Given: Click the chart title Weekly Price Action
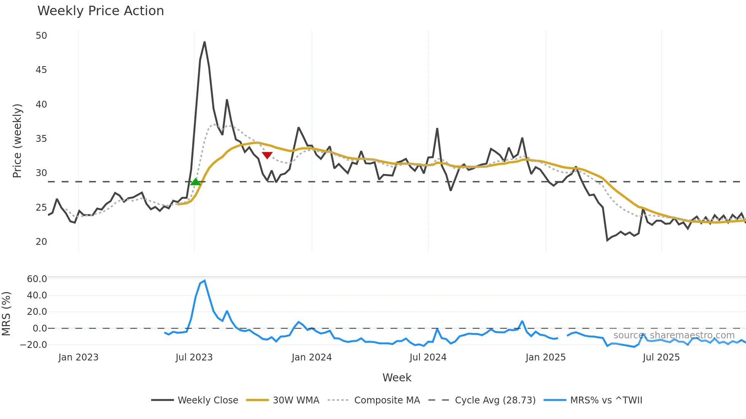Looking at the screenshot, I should coord(100,11).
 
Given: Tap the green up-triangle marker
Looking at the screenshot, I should coord(195,182).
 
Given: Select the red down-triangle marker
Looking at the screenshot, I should coord(267,155).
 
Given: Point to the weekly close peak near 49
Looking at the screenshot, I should coord(204,42).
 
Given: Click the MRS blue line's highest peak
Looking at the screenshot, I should coord(205,281).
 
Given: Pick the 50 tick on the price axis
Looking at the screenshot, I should coord(41,36).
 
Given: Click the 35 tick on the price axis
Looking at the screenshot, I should coord(41,139).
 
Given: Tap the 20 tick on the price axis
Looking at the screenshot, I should coord(41,242).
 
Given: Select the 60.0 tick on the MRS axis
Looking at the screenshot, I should coord(37,279).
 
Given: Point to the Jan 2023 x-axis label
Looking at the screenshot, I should coord(78,357).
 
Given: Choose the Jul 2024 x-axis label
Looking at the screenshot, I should coord(428,357).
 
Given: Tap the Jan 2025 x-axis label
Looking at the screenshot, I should coord(545,357).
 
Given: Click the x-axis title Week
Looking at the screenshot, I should coord(397,378).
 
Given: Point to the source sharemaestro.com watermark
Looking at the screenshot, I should coord(674,335).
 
